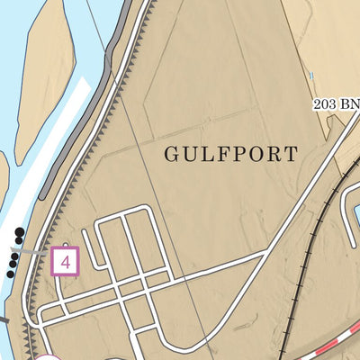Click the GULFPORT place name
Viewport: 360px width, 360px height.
pos(230,154)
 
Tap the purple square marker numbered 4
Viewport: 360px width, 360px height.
pos(66,261)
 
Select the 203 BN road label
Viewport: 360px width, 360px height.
pos(336,105)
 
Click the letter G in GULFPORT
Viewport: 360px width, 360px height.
pos(171,154)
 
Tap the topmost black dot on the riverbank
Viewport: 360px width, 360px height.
pos(20,232)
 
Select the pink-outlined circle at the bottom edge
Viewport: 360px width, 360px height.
pos(49,357)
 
